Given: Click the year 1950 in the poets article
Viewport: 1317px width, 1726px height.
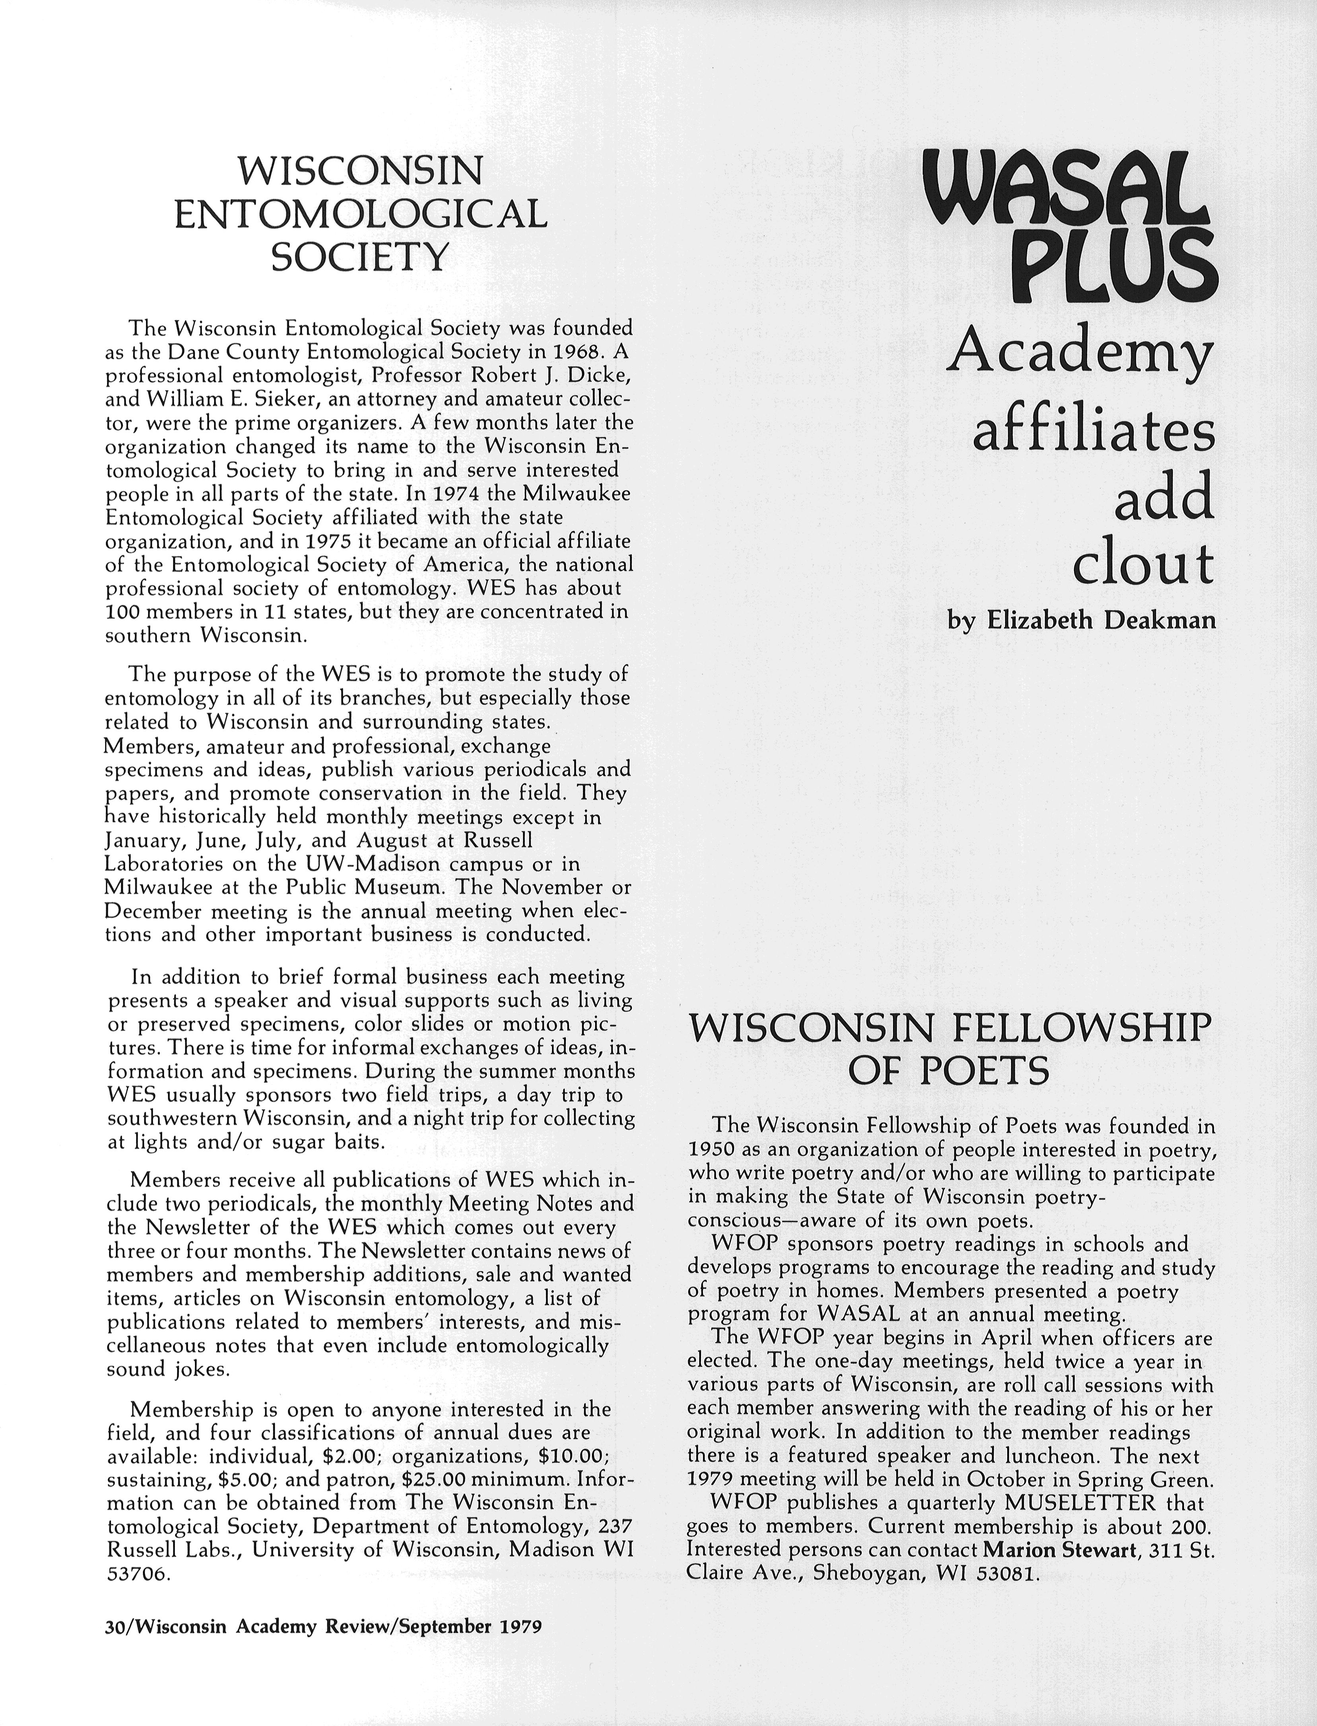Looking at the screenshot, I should tap(710, 1150).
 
